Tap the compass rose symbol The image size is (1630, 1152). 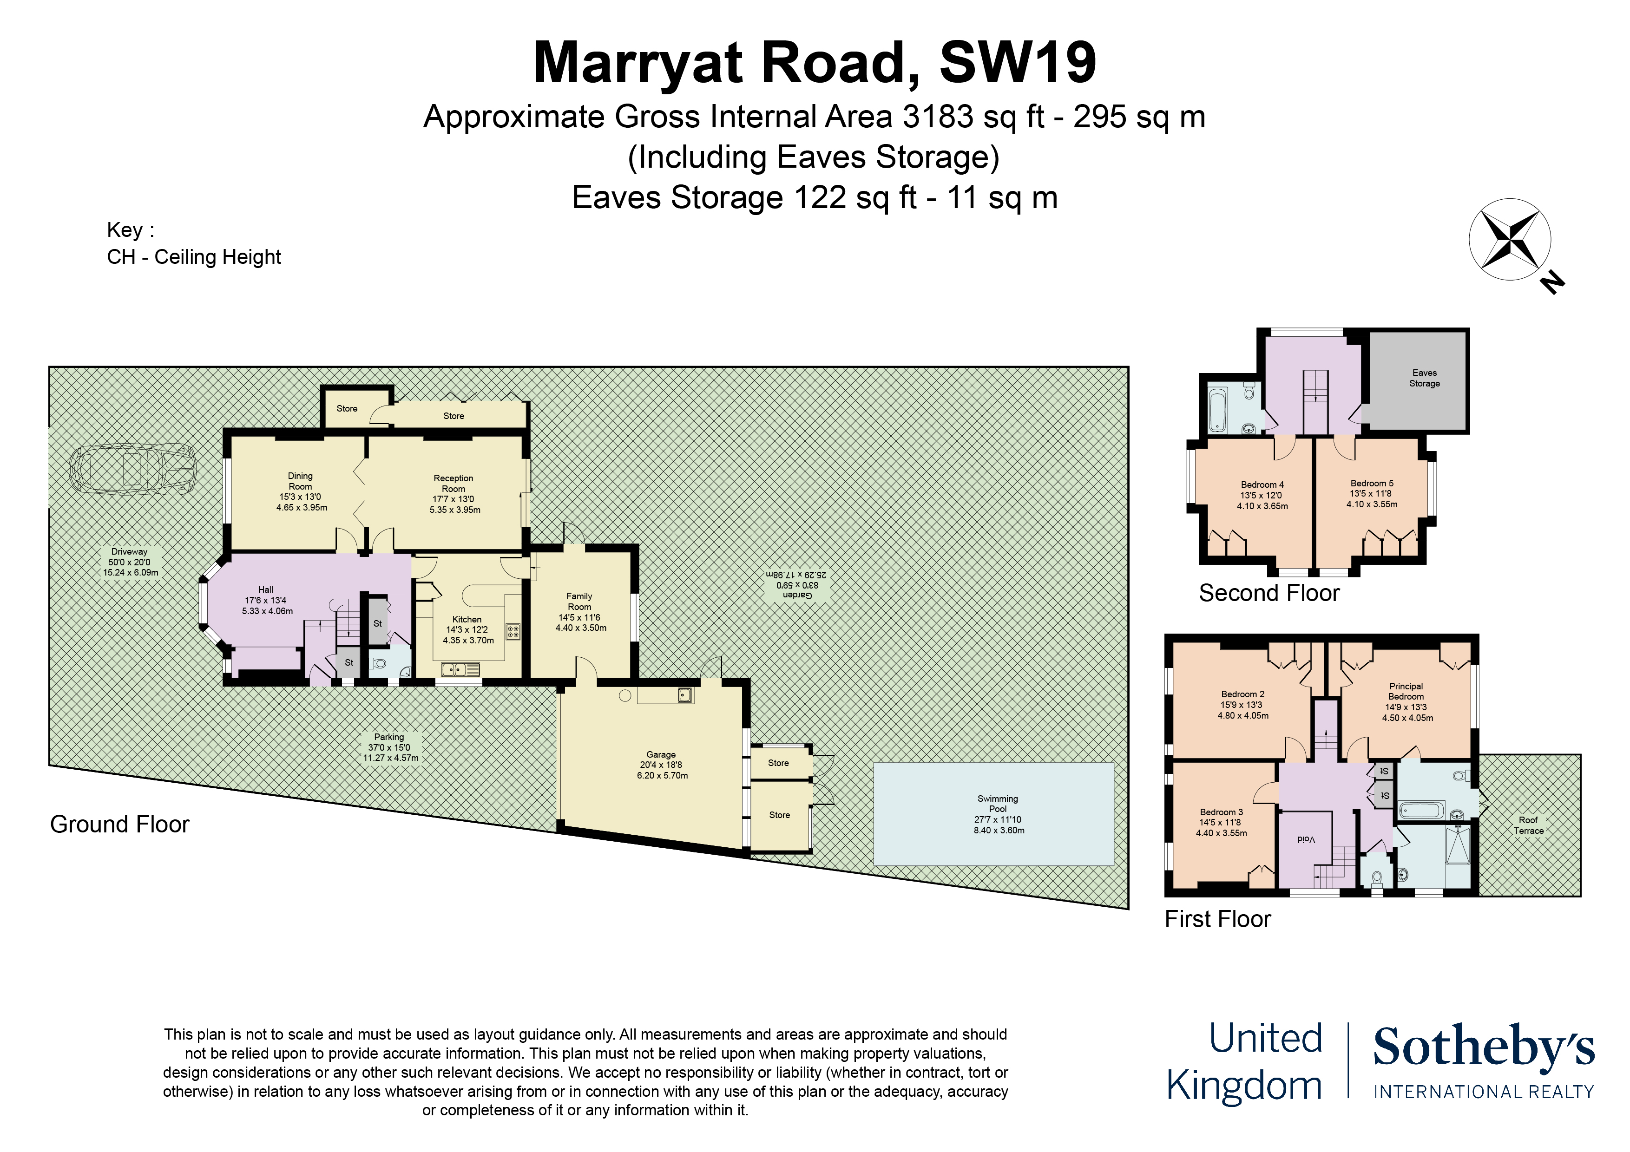[1509, 239]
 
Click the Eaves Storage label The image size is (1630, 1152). [1424, 378]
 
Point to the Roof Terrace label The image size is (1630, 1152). [1528, 825]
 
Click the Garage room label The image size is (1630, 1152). [661, 754]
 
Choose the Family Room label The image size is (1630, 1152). [579, 601]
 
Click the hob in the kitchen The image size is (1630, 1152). [513, 631]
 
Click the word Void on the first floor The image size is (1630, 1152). [1306, 840]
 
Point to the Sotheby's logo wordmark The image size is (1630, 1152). [1484, 1047]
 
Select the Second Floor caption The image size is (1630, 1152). [1269, 593]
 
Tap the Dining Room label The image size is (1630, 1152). [300, 480]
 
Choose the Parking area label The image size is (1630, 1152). [389, 737]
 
